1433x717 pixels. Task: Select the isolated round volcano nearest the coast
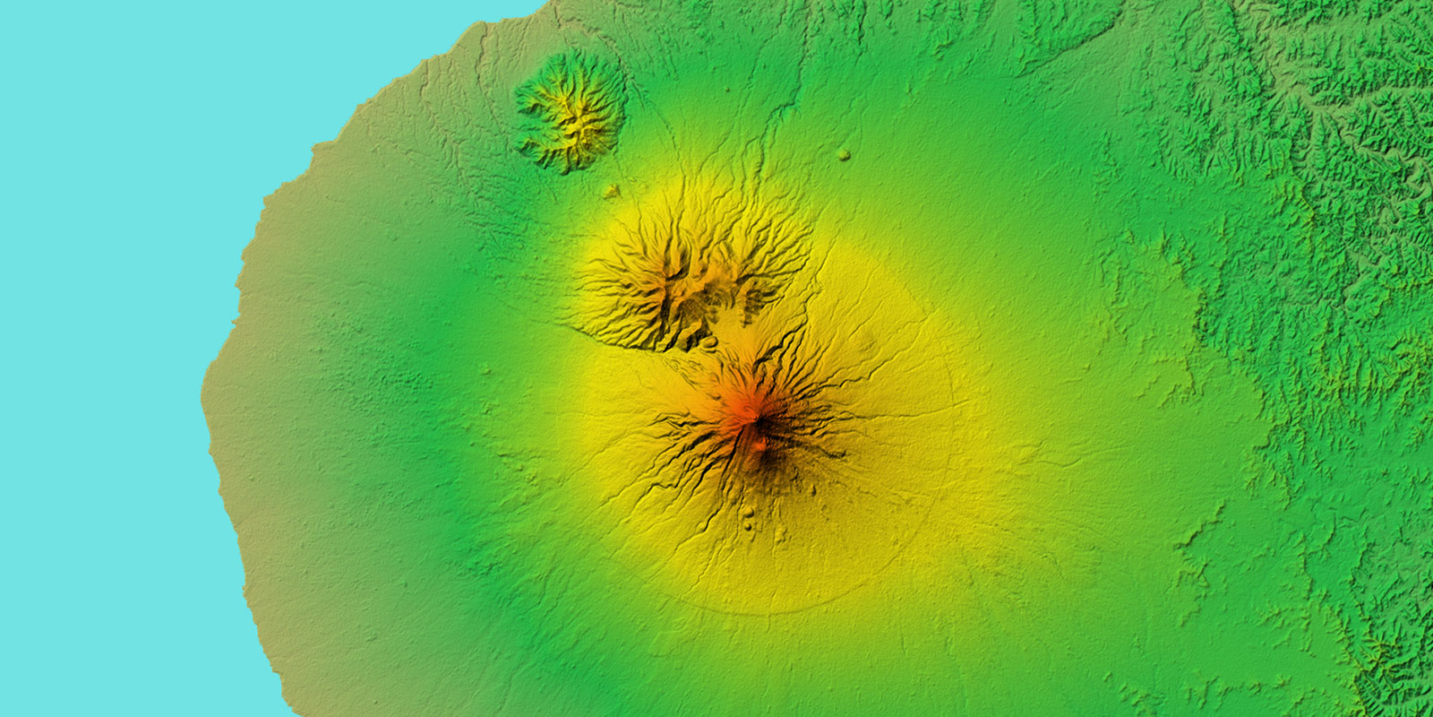click(x=571, y=111)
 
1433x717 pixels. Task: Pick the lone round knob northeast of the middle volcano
click(x=843, y=155)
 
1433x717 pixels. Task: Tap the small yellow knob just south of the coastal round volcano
click(x=612, y=190)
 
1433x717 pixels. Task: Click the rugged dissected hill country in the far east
click(x=1343, y=224)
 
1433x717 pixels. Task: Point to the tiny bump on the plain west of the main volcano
click(x=487, y=369)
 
